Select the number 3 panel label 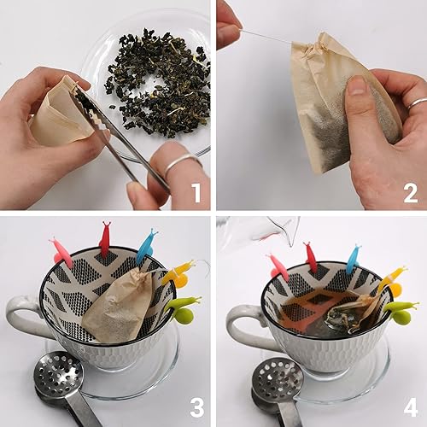click(x=195, y=408)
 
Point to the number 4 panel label click(x=410, y=408)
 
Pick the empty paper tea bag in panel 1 click(x=56, y=111)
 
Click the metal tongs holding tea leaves click(x=120, y=137)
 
